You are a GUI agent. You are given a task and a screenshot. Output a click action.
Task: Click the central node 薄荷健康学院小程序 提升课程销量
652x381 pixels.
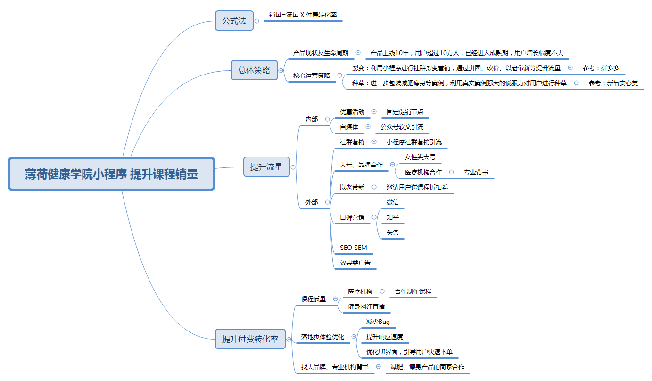tap(111, 174)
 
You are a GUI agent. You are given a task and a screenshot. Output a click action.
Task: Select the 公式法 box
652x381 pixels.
tap(234, 21)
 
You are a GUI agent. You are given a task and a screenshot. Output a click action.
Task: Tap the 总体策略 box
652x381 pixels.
tap(254, 70)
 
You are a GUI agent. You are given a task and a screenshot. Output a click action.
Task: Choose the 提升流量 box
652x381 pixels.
tap(266, 167)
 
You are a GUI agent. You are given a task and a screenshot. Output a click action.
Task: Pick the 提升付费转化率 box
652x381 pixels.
tap(250, 339)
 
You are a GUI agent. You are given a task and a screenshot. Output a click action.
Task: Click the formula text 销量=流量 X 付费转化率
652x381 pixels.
tap(303, 15)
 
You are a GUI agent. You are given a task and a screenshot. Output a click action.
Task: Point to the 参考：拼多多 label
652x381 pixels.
tap(601, 68)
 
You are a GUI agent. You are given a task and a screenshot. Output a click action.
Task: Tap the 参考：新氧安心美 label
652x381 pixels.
tap(613, 83)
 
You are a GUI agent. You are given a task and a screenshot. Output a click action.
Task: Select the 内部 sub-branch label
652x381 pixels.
tap(312, 119)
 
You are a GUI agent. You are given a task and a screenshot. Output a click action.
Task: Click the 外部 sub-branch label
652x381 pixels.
tap(312, 202)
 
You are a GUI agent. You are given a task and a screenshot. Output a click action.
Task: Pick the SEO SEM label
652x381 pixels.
tap(354, 248)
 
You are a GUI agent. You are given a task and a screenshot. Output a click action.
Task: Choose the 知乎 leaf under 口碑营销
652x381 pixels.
tap(392, 217)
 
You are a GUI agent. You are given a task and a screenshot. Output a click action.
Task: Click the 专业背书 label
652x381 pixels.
tap(476, 172)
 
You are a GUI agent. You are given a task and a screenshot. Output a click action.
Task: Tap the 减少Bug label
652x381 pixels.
tap(378, 322)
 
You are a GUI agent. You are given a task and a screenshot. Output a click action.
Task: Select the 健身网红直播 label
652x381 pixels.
tap(366, 306)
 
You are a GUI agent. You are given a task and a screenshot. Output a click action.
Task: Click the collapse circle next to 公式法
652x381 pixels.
tap(257, 21)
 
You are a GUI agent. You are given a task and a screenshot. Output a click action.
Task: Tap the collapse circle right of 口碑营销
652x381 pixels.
tap(374, 217)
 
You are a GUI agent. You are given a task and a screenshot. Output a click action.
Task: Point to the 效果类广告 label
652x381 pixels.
tap(355, 263)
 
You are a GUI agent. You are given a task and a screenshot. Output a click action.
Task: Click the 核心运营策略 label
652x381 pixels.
tap(312, 75)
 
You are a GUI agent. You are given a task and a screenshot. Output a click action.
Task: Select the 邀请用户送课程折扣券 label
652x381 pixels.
tap(417, 188)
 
